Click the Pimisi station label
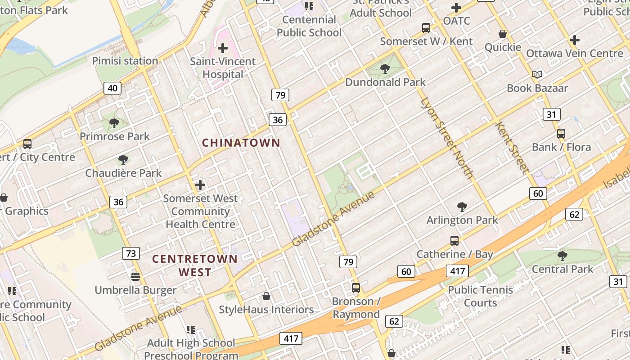(125, 61)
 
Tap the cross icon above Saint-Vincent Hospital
(223, 48)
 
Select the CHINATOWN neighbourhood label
(241, 143)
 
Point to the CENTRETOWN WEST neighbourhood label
(194, 265)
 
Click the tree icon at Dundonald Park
(385, 69)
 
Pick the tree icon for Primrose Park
(114, 123)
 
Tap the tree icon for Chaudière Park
(123, 160)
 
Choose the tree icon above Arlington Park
(462, 207)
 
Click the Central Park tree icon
(562, 256)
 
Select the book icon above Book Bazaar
(537, 75)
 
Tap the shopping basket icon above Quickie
(503, 34)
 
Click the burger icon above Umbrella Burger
(135, 276)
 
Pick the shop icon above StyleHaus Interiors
(266, 297)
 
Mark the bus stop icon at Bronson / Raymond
(356, 288)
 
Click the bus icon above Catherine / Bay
(454, 241)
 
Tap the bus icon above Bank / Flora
(561, 134)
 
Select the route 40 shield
(112, 88)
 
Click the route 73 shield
(130, 253)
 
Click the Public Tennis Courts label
(480, 296)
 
